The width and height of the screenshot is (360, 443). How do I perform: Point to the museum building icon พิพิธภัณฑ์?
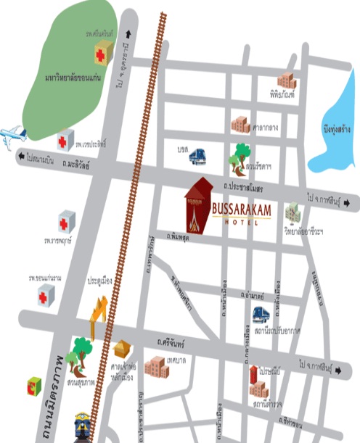click(286, 82)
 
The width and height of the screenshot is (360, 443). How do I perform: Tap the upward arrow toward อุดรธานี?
click(129, 33)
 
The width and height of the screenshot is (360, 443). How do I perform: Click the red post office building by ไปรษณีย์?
click(253, 373)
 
